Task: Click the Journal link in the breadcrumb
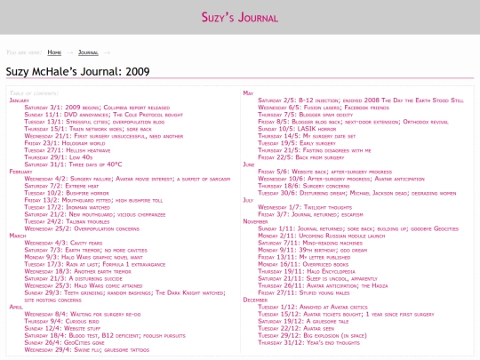(x=87, y=52)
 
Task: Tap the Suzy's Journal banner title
(x=239, y=16)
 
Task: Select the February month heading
(x=20, y=171)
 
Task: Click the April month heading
(x=15, y=306)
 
